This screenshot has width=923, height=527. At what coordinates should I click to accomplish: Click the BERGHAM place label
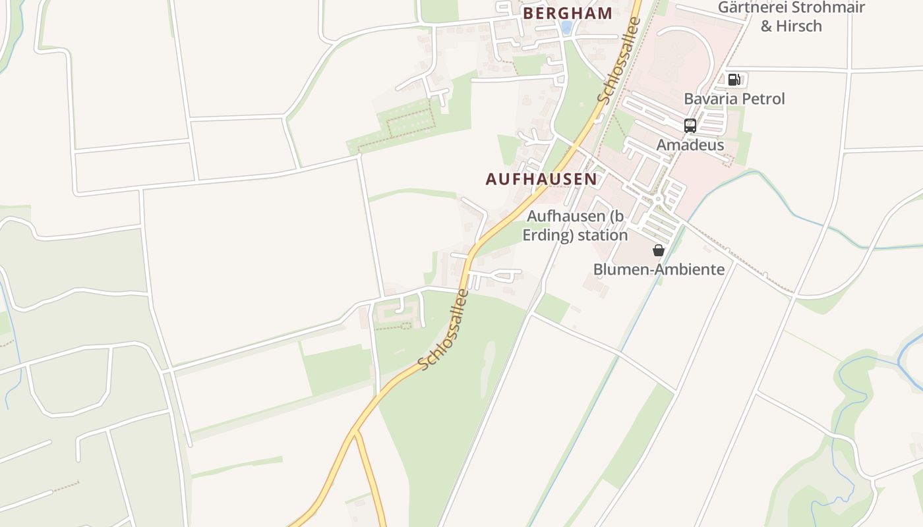point(568,13)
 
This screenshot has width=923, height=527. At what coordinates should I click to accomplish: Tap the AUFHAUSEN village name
point(541,179)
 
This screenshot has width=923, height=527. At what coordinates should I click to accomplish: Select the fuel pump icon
point(733,80)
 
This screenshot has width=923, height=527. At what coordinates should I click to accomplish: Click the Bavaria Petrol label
point(734,99)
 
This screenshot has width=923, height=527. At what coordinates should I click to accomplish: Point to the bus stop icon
point(690,125)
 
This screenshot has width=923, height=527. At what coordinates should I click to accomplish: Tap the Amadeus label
point(690,145)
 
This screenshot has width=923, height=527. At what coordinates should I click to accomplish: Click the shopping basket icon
point(658,250)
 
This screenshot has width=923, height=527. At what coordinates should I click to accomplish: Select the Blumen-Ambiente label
point(659,269)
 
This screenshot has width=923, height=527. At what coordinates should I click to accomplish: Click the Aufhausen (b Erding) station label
point(575,225)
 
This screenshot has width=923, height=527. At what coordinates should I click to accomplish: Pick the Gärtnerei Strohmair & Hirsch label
point(791,16)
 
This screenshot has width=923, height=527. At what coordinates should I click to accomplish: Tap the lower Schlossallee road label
point(444,329)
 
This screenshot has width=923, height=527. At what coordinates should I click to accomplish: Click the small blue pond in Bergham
point(566,27)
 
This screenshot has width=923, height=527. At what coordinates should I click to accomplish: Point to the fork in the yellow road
point(355,432)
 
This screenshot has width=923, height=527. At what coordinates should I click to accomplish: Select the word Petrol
point(761,99)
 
